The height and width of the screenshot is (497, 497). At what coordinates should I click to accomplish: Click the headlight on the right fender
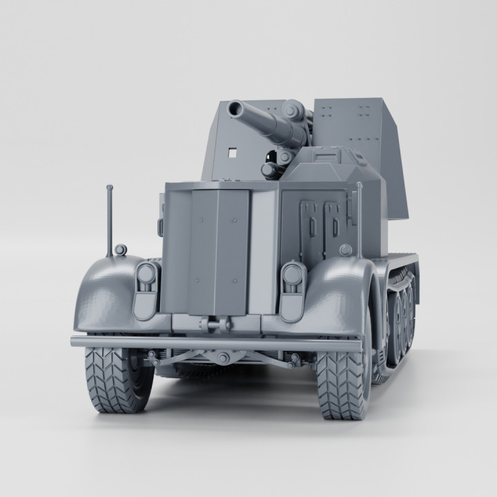pyautogui.click(x=293, y=276)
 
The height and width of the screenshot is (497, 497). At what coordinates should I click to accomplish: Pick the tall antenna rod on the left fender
pyautogui.click(x=109, y=221)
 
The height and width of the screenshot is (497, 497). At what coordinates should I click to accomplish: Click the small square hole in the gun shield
pyautogui.click(x=233, y=150)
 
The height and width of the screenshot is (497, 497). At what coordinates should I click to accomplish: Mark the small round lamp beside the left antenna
pyautogui.click(x=121, y=249)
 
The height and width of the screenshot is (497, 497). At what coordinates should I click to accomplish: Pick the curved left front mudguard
pyautogui.click(x=104, y=293)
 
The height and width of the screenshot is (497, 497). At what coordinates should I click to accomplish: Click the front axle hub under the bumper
pyautogui.click(x=222, y=358)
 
